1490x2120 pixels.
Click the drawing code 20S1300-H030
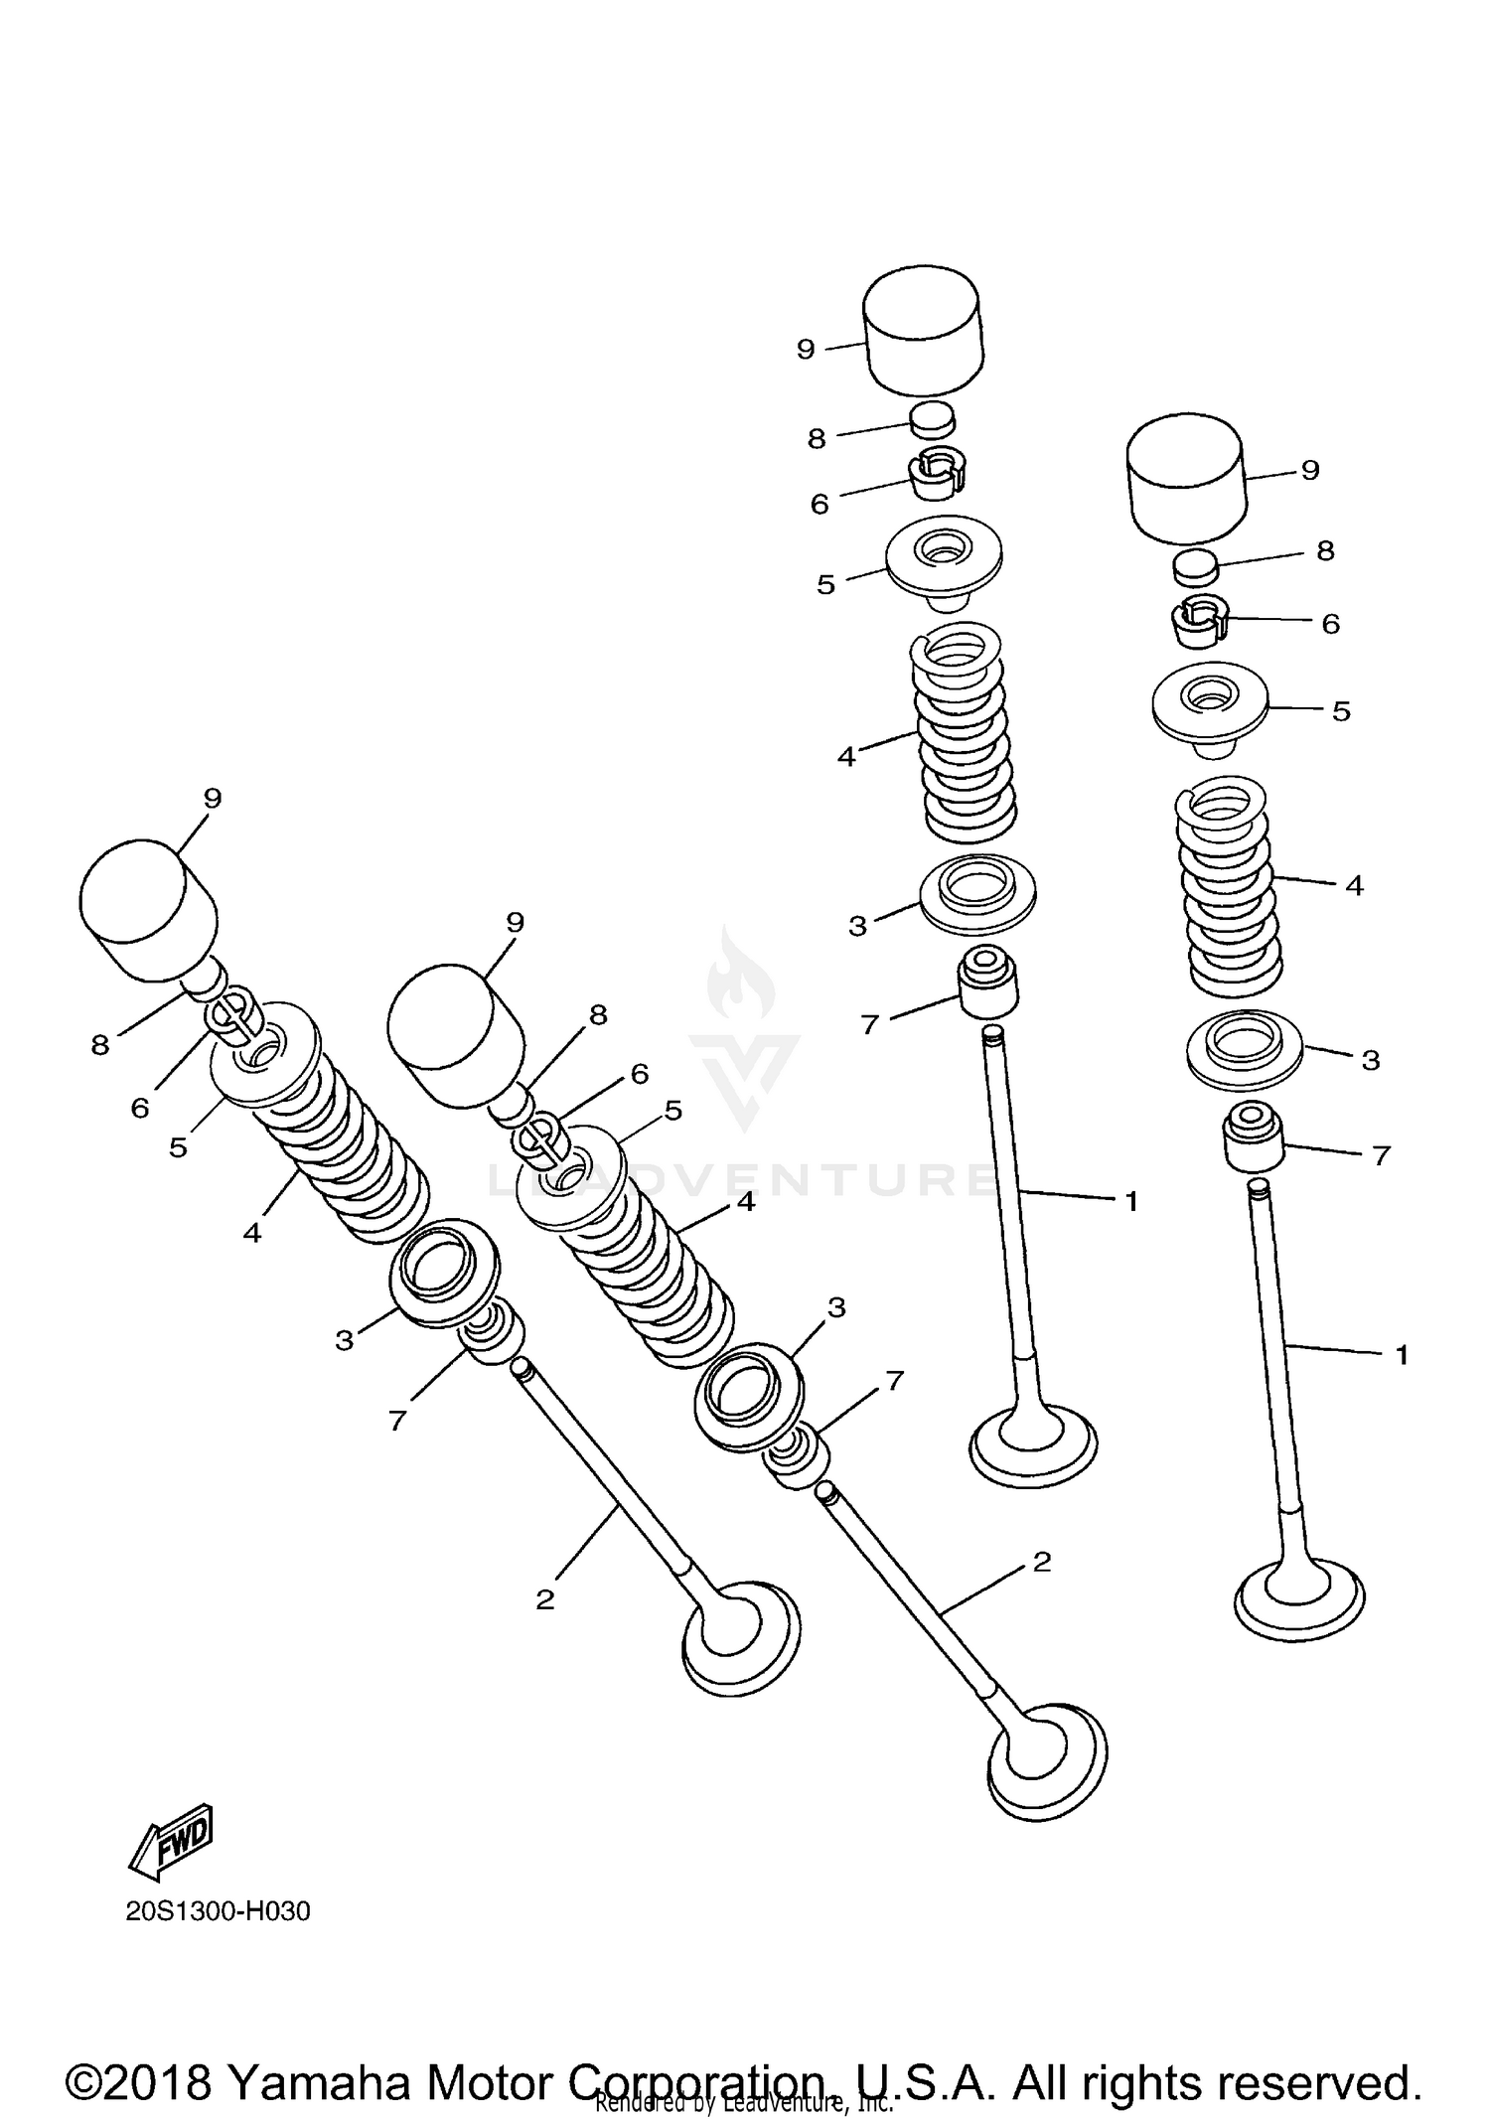(x=219, y=1911)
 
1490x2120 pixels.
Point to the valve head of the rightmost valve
(x=1298, y=1599)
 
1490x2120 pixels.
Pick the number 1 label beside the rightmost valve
(x=1403, y=1355)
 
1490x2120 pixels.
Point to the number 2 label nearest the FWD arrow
(x=544, y=1600)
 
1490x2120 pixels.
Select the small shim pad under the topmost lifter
(x=933, y=418)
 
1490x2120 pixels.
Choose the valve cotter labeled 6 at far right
(x=1198, y=623)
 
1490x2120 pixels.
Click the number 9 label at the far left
(x=213, y=799)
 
